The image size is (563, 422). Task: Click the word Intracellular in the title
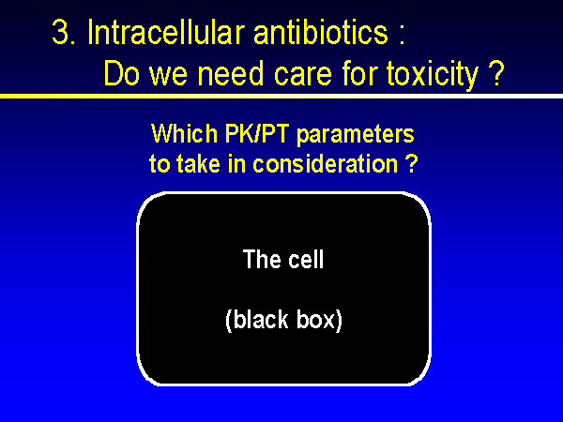166,32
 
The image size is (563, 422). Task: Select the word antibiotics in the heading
321,32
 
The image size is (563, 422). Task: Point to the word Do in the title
121,73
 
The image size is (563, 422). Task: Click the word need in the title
232,73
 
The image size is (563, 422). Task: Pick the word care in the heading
303,76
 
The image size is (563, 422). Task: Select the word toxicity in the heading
433,75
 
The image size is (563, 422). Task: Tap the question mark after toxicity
496,73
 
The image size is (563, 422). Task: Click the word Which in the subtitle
185,134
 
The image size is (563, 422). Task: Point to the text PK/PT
257,134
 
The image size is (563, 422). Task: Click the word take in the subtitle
198,163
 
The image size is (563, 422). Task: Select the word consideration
326,163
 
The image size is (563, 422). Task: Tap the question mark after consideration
412,163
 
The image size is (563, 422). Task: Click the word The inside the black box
262,259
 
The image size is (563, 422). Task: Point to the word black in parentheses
256,320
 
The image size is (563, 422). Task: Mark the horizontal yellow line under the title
281,96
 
